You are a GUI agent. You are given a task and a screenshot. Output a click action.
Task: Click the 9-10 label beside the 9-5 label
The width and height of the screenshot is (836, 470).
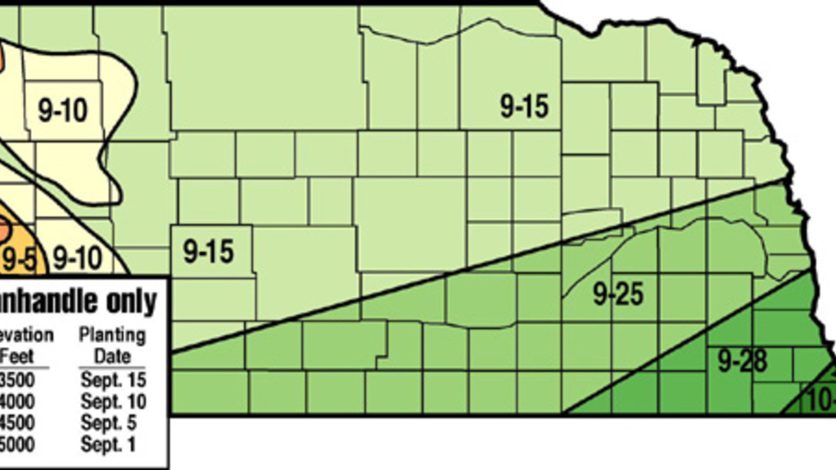pos(77,259)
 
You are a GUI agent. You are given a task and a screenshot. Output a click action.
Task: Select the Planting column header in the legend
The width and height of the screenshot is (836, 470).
pos(112,335)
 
